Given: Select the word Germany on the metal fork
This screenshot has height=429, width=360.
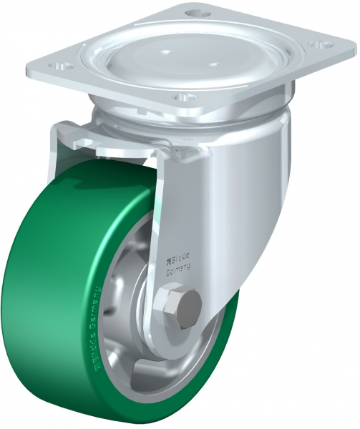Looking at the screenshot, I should (179, 270).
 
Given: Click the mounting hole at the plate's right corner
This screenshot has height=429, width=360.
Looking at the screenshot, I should (316, 45).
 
